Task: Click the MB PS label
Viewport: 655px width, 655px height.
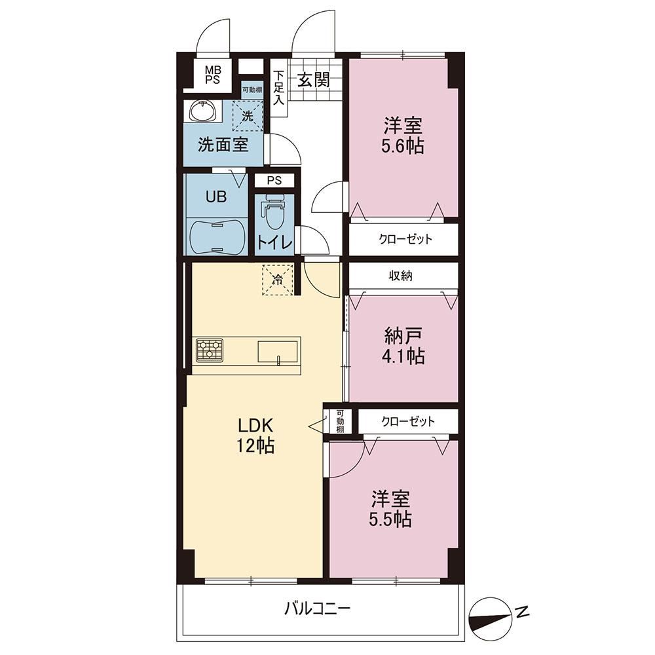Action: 213,75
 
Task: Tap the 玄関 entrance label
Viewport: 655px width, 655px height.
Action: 313,79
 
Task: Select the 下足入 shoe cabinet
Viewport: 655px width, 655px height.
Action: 278,88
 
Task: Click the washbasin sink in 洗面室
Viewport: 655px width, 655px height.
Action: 203,111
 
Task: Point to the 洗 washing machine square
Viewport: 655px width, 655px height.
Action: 248,116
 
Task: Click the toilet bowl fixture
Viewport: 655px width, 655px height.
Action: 274,212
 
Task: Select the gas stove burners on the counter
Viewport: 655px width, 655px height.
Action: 210,350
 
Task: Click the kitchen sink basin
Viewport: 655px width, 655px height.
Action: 278,352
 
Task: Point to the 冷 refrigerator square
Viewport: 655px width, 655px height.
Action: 278,280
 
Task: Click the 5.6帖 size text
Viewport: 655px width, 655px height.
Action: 402,146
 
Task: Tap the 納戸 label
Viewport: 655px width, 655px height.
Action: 403,335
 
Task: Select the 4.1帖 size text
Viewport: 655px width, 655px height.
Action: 403,356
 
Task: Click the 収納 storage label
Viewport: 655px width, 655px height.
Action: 401,275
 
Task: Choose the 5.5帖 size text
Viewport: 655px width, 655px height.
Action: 390,519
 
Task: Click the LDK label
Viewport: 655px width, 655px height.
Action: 255,426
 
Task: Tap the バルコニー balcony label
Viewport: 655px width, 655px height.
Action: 318,608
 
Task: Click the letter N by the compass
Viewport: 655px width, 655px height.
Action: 522,612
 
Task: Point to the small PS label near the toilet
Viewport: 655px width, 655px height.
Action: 274,181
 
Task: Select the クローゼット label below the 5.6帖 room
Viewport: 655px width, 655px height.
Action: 405,239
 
